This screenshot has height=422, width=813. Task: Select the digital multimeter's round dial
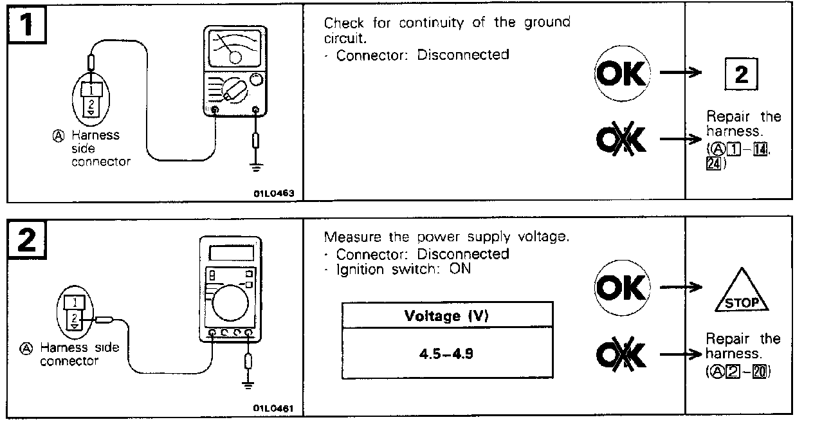(x=230, y=303)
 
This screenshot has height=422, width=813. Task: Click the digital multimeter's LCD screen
(x=230, y=252)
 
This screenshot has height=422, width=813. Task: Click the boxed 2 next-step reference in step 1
(x=741, y=76)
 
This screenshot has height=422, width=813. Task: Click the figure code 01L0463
(x=278, y=192)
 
